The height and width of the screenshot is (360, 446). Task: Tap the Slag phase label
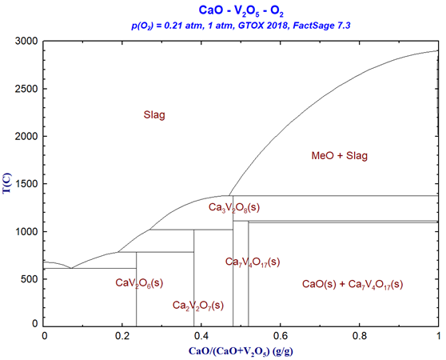(154, 115)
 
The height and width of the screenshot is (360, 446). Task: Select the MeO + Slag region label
(339, 156)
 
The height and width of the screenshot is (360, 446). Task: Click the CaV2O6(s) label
(140, 282)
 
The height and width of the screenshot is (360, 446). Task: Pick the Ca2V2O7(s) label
(198, 306)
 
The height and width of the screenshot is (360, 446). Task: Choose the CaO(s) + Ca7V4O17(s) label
(352, 284)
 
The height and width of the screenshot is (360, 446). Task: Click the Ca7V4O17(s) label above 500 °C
(253, 262)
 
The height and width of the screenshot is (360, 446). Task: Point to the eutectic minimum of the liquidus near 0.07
(70, 268)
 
